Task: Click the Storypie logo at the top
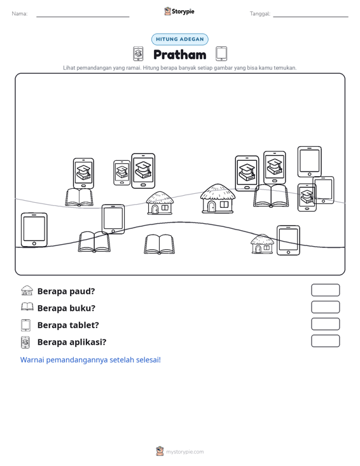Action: [x=179, y=11]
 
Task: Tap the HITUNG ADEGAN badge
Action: [x=180, y=39]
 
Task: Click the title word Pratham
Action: [x=180, y=55]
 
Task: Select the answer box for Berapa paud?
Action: [x=326, y=290]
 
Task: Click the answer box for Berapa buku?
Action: [x=326, y=307]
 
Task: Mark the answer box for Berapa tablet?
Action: [x=326, y=324]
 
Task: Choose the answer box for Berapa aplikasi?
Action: [x=326, y=341]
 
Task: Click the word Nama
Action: [x=20, y=14]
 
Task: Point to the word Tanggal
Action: [x=260, y=14]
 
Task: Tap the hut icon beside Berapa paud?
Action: [x=27, y=291]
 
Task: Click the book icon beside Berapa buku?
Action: [x=27, y=306]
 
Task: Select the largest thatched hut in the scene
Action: [x=218, y=198]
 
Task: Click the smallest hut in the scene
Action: [x=262, y=244]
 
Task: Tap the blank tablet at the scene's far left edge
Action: [x=34, y=230]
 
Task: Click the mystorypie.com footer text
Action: [x=185, y=452]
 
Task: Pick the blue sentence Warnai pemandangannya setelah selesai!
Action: [x=90, y=360]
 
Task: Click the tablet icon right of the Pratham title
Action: [x=221, y=53]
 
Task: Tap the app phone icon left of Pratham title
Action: [x=138, y=53]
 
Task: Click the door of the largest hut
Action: [x=211, y=206]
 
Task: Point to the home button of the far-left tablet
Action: [x=34, y=243]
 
